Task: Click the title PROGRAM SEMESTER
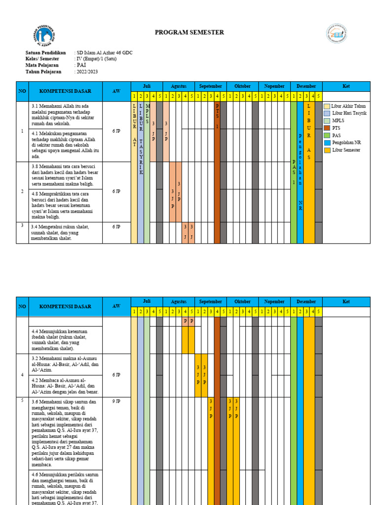189,33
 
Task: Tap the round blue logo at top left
45,36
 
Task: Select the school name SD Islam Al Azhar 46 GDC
104,53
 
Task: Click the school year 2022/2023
87,72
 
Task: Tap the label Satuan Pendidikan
45,53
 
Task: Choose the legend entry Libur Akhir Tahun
348,106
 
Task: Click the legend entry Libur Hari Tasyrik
349,113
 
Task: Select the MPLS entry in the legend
338,120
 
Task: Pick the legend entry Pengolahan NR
346,143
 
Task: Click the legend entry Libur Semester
346,150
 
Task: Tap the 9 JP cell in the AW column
116,401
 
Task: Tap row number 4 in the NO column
22,375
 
